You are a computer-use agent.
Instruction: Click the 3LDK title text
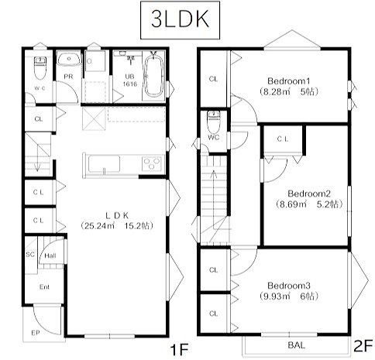[x=180, y=19]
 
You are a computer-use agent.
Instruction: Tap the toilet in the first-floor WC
[x=40, y=68]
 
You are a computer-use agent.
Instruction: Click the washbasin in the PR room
[x=69, y=60]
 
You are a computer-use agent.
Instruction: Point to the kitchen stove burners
[x=152, y=164]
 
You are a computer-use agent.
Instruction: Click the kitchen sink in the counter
[x=104, y=164]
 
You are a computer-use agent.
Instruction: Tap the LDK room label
[x=117, y=215]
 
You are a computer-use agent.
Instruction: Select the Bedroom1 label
[x=288, y=81]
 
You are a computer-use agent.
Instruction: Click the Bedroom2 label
[x=309, y=194]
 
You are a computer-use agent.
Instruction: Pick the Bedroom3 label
[x=289, y=286]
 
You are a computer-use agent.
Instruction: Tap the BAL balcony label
[x=297, y=345]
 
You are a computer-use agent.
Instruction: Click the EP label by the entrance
[x=36, y=333]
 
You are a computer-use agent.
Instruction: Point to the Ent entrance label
[x=44, y=286]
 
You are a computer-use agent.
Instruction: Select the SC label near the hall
[x=30, y=255]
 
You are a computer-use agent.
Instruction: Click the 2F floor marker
[x=363, y=346]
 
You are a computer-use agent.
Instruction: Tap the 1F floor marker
[x=179, y=350]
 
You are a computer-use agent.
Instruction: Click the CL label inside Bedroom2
[x=283, y=139]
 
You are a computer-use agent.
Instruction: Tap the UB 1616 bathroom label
[x=129, y=81]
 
